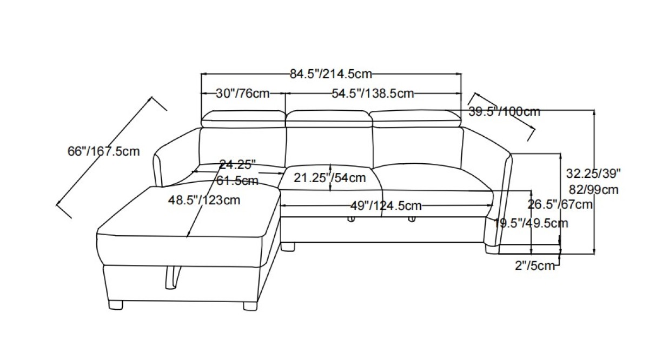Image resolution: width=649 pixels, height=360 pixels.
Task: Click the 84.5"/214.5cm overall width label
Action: coord(330,74)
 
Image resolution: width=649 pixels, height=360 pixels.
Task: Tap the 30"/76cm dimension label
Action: coord(243,94)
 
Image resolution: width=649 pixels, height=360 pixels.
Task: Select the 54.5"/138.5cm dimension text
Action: coord(373,94)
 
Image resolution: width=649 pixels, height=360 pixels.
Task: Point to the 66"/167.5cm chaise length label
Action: coord(103,151)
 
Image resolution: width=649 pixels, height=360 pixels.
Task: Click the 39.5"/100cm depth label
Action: coord(504,112)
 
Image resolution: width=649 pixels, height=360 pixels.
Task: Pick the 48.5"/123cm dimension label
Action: coord(204,200)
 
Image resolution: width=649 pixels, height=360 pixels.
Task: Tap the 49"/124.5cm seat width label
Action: coord(386,205)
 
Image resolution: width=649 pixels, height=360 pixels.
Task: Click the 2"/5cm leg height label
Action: coord(535,265)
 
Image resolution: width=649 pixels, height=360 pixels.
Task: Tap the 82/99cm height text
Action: coord(594,190)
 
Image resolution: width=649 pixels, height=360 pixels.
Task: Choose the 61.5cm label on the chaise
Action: coord(237,181)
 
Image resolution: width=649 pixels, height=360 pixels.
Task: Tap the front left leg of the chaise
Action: coord(115,304)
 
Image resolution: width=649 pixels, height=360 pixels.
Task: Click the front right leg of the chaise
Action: coord(249,304)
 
